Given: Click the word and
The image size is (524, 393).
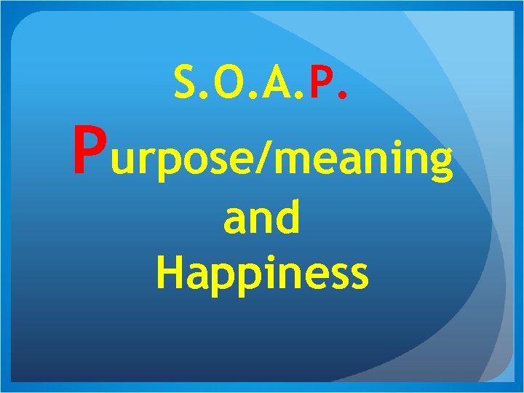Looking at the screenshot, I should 262,219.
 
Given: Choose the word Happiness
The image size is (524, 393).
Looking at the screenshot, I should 262,274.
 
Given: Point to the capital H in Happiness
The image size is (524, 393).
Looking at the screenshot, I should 169,271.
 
